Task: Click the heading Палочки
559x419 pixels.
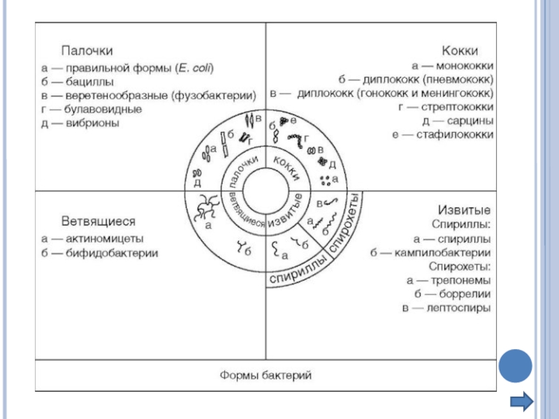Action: (x=88, y=51)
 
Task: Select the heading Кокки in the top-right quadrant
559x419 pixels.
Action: (x=460, y=51)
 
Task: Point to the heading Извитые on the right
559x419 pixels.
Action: (x=463, y=210)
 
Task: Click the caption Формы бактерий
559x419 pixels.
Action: (x=266, y=375)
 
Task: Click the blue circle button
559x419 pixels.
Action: (x=516, y=365)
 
